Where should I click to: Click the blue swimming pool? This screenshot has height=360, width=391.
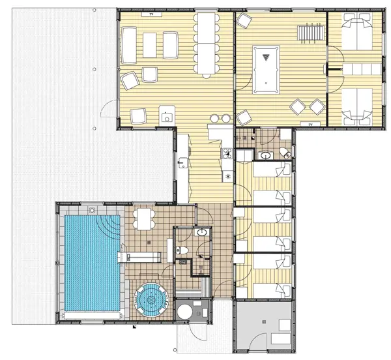pos(93,263)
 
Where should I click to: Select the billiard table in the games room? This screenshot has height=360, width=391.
pos(266,70)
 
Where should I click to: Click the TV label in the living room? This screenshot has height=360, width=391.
pos(151,14)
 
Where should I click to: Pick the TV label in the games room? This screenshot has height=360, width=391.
pos(310,125)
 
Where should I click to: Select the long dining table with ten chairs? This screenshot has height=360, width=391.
pos(206,43)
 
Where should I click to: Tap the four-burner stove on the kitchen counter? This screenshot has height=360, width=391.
pos(227,153)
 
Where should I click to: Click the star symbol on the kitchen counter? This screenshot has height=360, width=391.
pos(227,177)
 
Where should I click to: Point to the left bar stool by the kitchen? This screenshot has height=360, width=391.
pos(214,118)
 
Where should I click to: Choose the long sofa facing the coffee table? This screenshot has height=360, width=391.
pos(129,45)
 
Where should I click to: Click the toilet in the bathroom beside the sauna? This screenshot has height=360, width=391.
pos(182,250)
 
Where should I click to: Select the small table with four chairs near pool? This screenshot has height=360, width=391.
pos(144,219)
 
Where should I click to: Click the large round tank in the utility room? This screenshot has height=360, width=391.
pos(185,312)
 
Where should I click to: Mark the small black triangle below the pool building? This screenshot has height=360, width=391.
pos(135,327)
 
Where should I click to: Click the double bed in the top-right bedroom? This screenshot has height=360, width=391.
pos(357,31)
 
